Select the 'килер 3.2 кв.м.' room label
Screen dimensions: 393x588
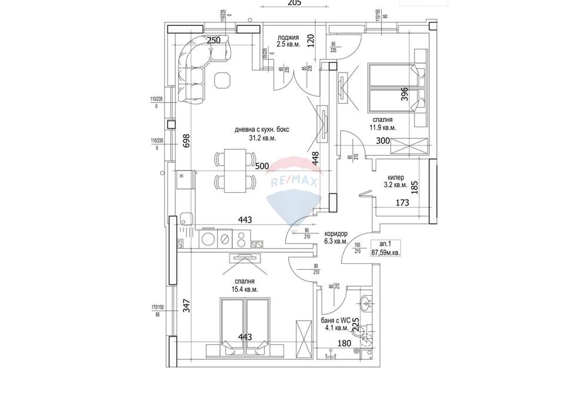click(x=397, y=181)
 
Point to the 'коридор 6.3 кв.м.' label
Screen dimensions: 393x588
click(x=335, y=237)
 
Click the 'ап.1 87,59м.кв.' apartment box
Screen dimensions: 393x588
click(x=386, y=247)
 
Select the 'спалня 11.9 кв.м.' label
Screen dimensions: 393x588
click(x=383, y=123)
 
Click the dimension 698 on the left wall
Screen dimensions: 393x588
click(x=186, y=140)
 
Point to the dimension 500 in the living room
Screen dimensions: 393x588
click(x=262, y=166)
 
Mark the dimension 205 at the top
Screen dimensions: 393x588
click(x=294, y=3)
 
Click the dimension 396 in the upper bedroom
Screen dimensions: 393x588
click(x=405, y=94)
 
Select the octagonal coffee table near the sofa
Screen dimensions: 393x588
click(x=223, y=80)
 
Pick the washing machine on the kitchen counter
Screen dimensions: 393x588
click(x=224, y=238)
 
